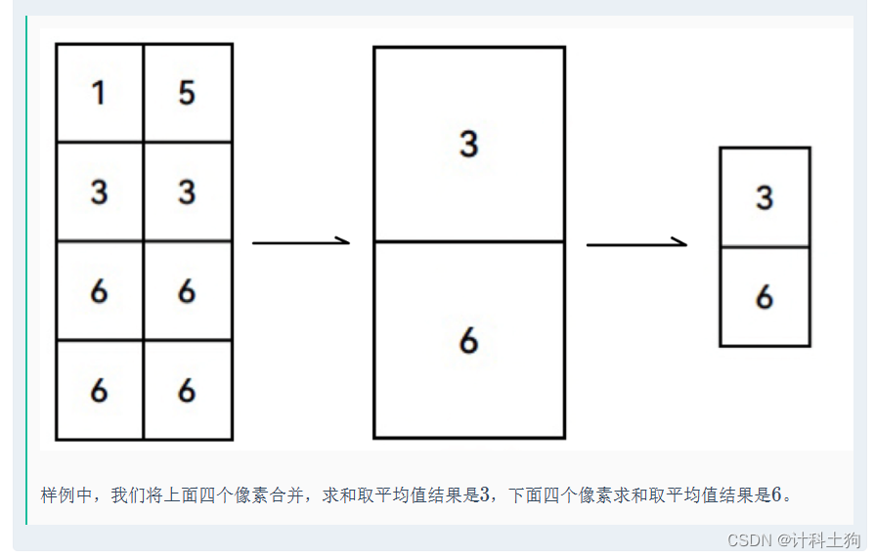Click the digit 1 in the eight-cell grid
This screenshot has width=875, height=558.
99,94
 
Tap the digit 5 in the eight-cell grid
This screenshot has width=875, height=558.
187,94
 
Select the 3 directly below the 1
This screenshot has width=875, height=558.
99,193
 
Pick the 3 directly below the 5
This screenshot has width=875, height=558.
187,193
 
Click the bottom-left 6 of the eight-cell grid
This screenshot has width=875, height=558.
99,391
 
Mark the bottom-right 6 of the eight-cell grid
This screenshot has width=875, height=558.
187,391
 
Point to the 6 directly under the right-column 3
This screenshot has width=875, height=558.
187,291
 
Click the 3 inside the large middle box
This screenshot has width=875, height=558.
468,145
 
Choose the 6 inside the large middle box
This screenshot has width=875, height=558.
468,341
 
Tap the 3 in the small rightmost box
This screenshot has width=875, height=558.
765,198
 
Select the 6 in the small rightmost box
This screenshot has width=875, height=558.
765,297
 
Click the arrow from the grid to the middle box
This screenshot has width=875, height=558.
300,241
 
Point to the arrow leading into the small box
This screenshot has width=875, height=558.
635,244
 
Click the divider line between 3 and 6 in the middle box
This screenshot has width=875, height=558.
468,241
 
